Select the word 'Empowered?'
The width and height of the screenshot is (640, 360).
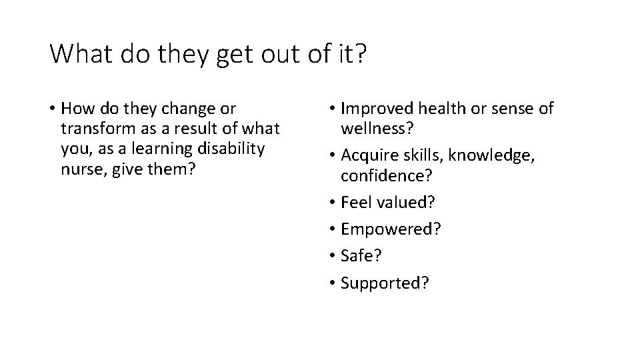point(391,229)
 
